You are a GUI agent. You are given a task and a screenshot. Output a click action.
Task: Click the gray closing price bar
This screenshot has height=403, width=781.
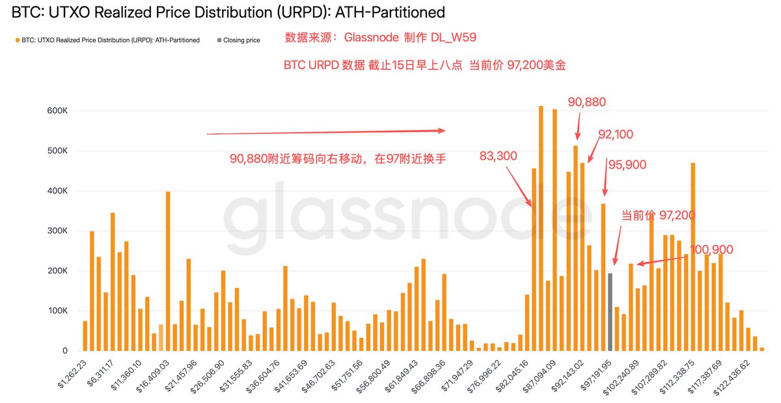(x=610, y=312)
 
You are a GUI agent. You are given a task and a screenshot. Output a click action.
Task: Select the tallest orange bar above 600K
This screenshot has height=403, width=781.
(x=540, y=227)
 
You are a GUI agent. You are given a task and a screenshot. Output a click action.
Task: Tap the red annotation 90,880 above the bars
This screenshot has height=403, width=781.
(x=586, y=102)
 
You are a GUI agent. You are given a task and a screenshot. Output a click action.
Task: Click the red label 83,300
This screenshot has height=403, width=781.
(x=499, y=156)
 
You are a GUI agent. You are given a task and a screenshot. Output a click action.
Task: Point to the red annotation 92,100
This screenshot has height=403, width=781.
(x=615, y=135)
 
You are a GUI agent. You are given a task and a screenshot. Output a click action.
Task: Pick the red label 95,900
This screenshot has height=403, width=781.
(x=627, y=165)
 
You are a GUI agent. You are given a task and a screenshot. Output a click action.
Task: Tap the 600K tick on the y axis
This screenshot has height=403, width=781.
(x=57, y=111)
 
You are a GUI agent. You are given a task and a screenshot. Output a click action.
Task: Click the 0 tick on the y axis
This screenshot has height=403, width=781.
(x=64, y=351)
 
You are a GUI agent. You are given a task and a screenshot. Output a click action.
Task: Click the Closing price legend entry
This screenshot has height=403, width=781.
(x=241, y=40)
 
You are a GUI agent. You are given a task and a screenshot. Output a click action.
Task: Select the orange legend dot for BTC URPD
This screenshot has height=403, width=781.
(x=16, y=40)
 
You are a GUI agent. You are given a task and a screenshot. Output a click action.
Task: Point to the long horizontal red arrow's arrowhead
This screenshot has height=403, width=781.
(x=442, y=131)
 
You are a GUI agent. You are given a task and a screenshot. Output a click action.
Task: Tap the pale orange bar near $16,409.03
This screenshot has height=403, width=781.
(x=161, y=337)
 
